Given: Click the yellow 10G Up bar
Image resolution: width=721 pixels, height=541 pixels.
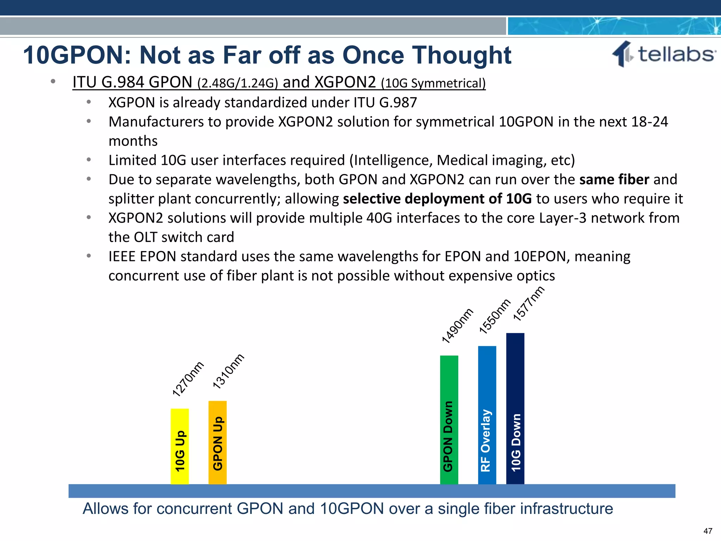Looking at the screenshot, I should tap(180, 446).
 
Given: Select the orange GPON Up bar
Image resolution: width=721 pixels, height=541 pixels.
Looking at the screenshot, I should tap(218, 442).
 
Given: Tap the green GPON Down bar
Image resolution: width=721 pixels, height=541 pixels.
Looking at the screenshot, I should tap(449, 420).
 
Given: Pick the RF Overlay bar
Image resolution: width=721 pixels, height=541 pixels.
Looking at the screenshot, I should tap(487, 415).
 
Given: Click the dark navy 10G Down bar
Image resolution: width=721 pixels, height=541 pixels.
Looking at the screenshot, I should tap(515, 409).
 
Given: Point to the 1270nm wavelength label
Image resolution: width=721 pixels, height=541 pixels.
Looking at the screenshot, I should tap(188, 379).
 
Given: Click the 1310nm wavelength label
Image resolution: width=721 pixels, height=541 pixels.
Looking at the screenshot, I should tap(228, 371).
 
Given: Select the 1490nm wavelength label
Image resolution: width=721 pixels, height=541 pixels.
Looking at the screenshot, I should tap(457, 325).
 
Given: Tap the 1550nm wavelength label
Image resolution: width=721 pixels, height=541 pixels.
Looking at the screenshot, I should tap(495, 316).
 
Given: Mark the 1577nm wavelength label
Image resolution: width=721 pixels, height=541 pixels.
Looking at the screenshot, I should tap(528, 303).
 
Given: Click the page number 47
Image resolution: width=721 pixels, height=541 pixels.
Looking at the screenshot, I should tap(708, 531).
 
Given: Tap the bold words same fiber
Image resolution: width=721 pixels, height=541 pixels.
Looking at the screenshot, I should tap(614, 179).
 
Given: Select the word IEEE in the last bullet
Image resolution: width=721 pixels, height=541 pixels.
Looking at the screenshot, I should tap(122, 256).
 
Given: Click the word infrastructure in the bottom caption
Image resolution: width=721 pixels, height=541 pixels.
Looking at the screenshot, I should tap(566, 509).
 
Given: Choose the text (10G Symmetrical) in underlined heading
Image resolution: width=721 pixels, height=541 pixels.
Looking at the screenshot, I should tap(433, 83).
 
